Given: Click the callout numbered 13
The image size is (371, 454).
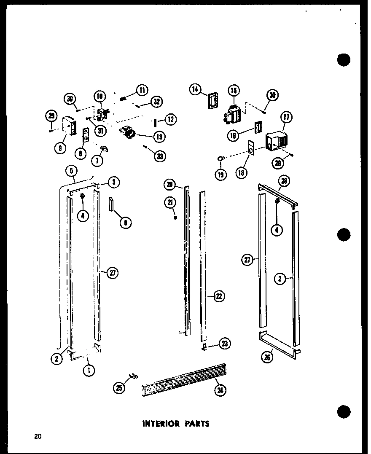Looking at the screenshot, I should click(x=160, y=136).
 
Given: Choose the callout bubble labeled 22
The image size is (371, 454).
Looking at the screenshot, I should click(x=218, y=297).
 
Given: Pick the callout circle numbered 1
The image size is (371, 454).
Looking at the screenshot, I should click(x=89, y=371).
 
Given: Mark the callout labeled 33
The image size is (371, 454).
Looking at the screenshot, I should click(x=160, y=156).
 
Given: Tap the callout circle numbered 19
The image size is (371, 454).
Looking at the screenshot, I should click(x=220, y=174).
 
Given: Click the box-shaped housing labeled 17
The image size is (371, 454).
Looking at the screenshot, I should click(x=277, y=141).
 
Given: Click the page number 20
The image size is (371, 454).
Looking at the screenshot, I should click(x=38, y=437).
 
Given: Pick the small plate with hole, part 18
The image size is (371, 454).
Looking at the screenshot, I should click(x=251, y=148).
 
